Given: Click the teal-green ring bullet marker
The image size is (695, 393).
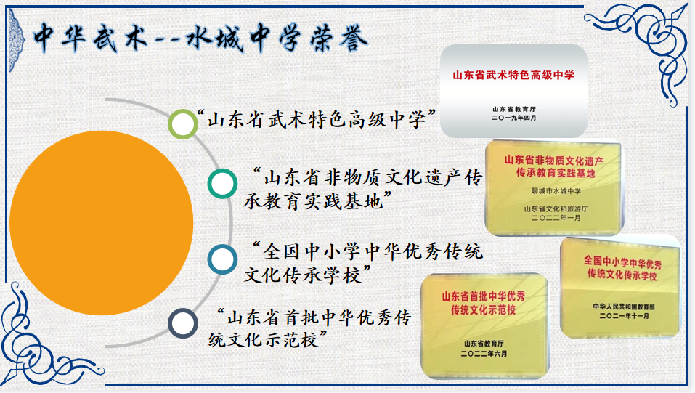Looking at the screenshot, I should pos(221,183).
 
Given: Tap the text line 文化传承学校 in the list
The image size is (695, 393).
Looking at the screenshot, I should pos(309,275).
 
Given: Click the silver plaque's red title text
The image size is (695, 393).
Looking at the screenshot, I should pos(513,74).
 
